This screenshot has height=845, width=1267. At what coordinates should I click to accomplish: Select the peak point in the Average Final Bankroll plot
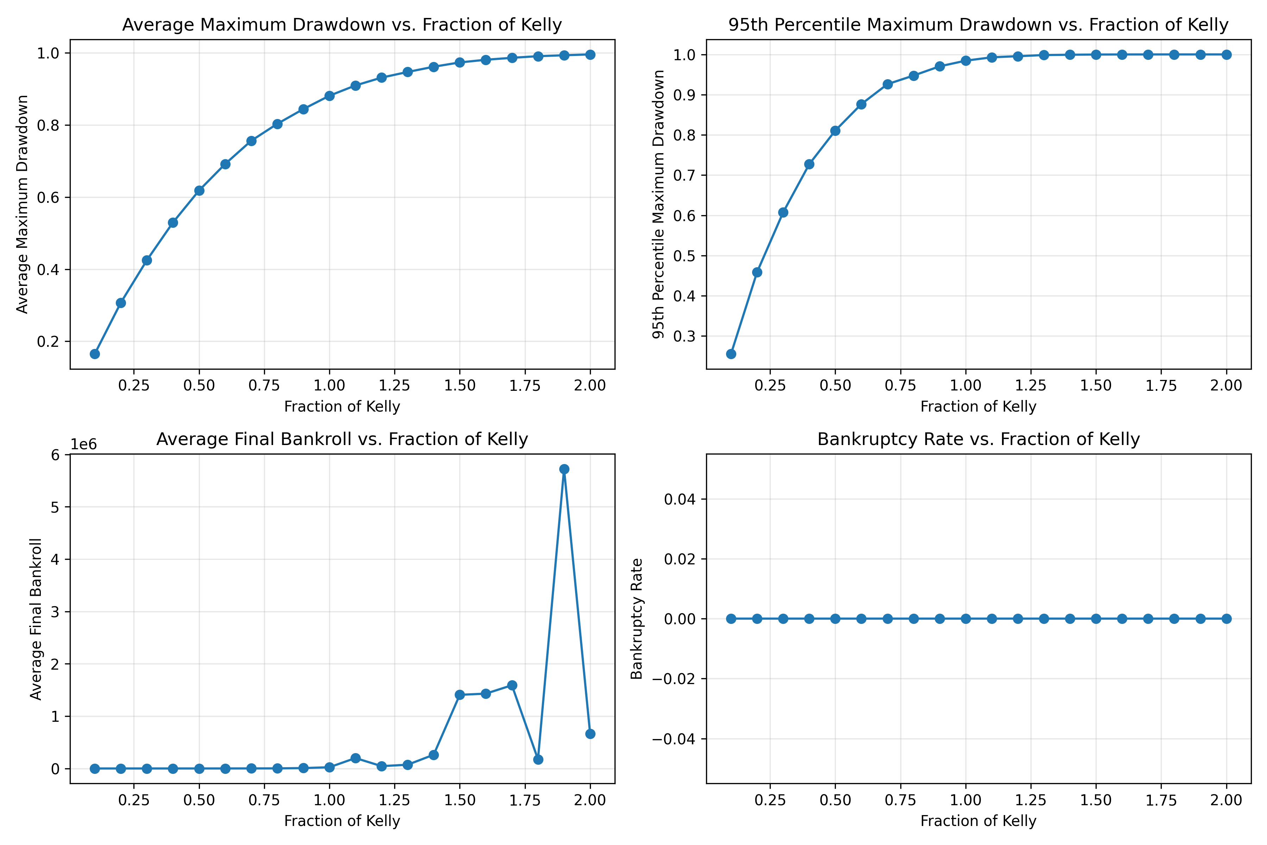tap(564, 469)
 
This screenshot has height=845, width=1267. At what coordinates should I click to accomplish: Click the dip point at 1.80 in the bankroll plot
tap(538, 760)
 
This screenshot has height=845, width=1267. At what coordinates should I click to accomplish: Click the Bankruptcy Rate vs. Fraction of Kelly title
tap(978, 439)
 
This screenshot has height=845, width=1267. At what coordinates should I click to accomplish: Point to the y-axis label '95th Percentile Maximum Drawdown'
tap(658, 205)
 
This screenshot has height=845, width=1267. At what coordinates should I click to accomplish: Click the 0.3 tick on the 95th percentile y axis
tap(684, 336)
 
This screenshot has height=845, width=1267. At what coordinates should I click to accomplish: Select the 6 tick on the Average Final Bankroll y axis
tap(56, 455)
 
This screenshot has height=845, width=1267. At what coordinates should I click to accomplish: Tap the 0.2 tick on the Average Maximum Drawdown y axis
tap(48, 342)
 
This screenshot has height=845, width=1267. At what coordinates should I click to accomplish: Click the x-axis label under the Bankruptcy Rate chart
tap(978, 821)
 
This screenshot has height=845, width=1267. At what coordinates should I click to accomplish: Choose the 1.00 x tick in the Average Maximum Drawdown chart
tap(329, 385)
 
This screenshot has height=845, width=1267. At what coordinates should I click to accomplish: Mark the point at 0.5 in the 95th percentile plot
tap(835, 131)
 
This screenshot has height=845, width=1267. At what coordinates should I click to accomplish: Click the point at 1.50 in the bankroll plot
tap(460, 695)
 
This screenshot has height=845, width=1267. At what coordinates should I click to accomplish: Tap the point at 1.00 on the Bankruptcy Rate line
tap(965, 619)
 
